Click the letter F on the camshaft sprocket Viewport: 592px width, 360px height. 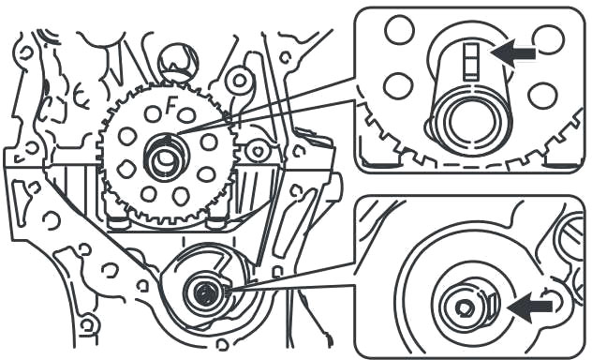171,106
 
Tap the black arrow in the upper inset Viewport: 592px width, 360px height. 512,52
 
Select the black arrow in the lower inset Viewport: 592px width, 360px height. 529,307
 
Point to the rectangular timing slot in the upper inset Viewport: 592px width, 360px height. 471,62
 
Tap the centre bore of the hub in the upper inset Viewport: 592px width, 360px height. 470,124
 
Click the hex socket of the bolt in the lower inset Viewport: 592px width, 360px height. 465,308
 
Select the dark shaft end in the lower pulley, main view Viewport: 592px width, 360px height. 205,292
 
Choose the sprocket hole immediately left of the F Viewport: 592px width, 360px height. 153,113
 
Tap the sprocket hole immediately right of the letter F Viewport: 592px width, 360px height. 186,114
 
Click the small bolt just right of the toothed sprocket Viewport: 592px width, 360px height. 257,152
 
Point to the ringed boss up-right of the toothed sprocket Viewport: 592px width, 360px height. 239,80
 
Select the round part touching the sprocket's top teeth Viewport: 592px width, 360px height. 177,62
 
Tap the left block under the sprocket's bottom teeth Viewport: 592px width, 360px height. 119,223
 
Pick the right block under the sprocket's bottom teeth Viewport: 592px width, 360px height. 217,223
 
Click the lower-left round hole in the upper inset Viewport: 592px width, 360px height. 398,85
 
